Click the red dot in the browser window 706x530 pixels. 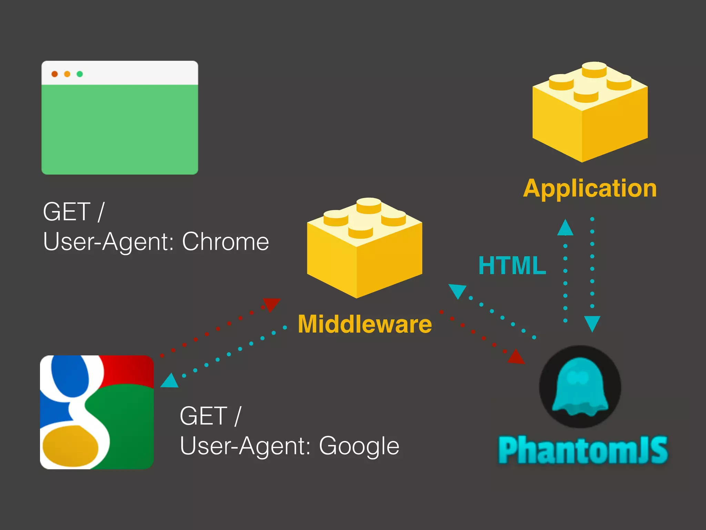54,74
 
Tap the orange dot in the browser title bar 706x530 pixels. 67,74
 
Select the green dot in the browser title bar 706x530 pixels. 80,74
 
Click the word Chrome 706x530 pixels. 225,242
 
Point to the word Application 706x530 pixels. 590,188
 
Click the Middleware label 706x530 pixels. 365,324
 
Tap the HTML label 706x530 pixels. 512,265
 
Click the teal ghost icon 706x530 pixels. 580,387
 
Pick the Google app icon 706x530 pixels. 97,412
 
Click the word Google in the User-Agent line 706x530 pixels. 359,446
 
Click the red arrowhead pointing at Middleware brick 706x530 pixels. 272,304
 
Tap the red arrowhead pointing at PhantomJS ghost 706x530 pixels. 516,357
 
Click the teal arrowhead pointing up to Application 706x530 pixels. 565,228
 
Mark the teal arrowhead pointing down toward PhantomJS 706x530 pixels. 592,323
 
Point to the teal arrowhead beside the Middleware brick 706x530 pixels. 457,291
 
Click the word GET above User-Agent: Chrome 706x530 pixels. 67,212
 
